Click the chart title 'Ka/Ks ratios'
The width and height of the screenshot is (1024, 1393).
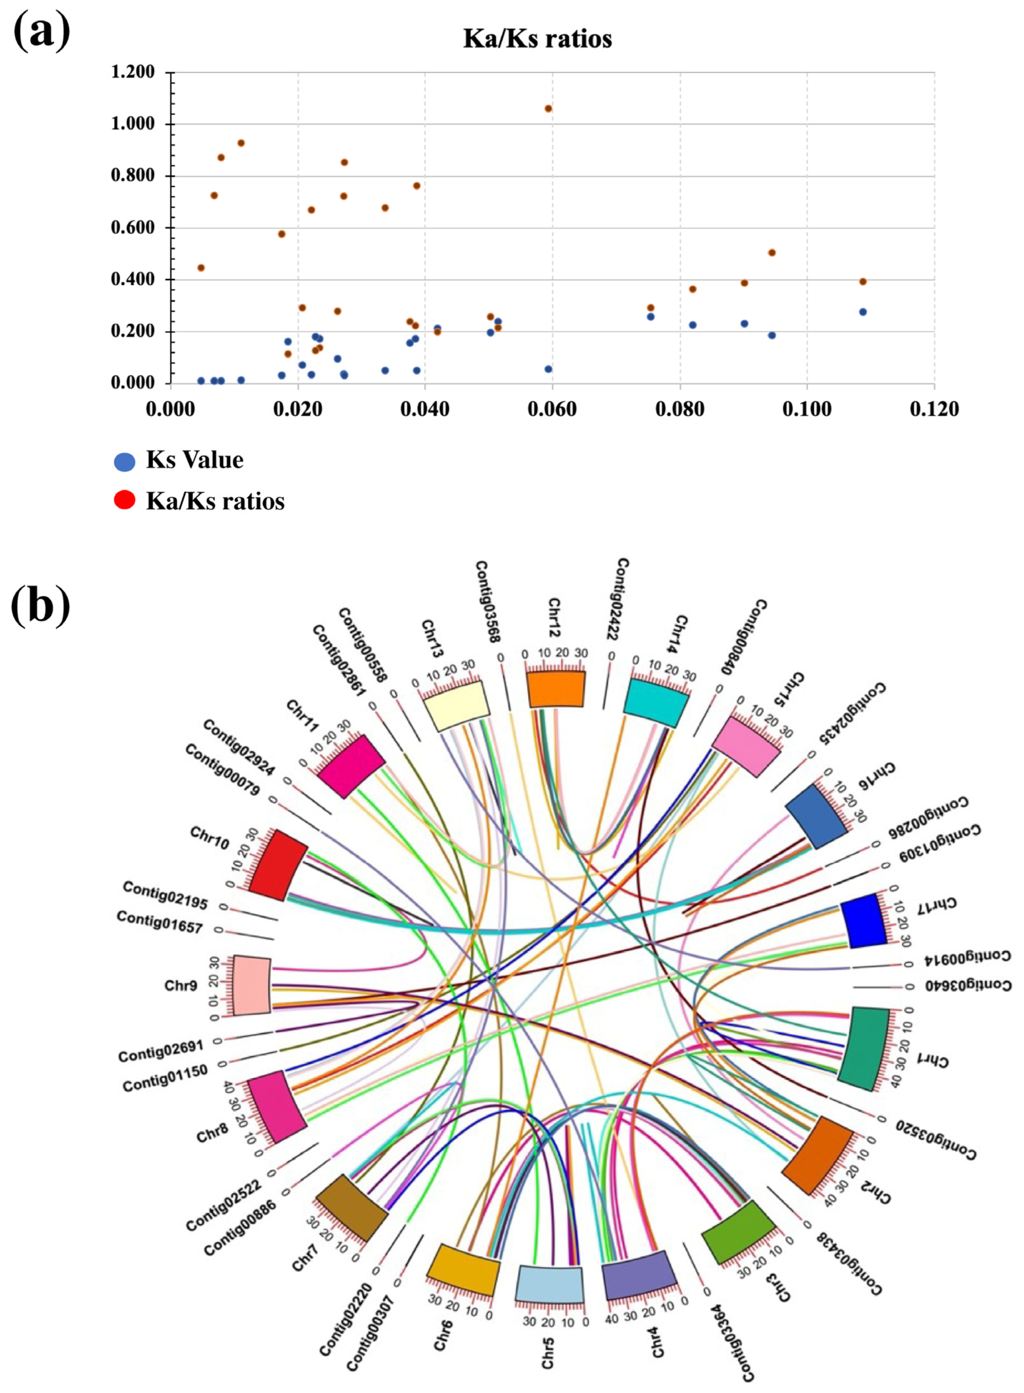(x=537, y=38)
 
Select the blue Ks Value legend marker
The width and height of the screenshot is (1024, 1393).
(x=125, y=461)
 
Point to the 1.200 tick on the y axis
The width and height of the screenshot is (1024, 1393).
(x=133, y=73)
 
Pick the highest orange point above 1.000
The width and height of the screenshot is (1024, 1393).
(x=548, y=108)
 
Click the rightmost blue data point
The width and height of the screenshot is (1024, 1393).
(x=862, y=312)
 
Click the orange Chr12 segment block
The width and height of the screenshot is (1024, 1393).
(x=555, y=689)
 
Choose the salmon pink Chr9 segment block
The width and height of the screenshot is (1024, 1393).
(x=252, y=986)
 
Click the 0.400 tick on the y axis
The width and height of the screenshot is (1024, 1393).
(x=133, y=280)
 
